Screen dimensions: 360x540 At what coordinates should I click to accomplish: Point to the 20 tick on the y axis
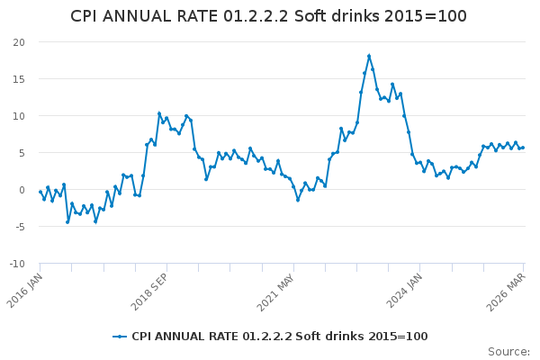[19, 42]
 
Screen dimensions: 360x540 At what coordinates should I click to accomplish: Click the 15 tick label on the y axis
[19, 79]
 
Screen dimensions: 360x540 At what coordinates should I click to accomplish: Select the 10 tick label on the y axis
[19, 116]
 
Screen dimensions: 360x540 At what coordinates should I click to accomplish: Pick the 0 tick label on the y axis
[22, 190]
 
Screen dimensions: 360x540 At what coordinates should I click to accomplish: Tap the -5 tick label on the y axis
[19, 227]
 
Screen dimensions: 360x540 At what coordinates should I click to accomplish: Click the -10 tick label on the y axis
[17, 264]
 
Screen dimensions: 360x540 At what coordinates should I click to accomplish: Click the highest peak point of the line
[369, 56]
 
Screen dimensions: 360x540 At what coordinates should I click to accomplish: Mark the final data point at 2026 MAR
[523, 148]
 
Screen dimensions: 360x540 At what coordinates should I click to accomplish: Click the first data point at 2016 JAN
[40, 192]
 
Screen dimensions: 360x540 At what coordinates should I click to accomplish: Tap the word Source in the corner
[508, 352]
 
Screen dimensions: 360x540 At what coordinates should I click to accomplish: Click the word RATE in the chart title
[194, 16]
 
